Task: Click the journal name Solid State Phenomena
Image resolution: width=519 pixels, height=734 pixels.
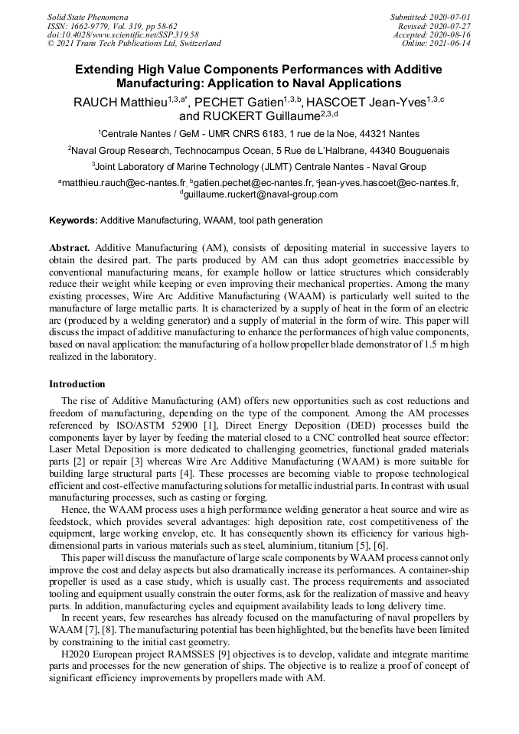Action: pos(87,16)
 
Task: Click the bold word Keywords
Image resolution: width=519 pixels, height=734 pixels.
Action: pos(73,220)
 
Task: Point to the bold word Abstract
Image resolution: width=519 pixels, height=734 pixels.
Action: pos(70,249)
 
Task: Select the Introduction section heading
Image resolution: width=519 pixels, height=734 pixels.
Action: pos(77,383)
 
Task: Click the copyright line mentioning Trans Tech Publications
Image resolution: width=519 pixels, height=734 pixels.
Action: pos(134,44)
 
